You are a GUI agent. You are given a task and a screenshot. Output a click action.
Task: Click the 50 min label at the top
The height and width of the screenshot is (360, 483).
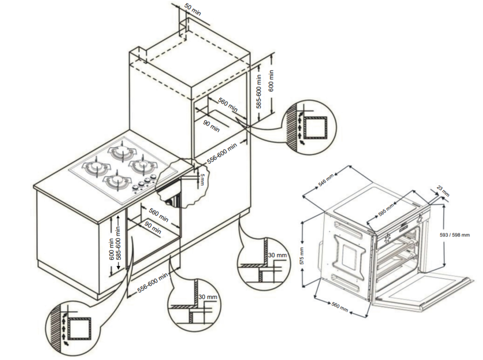coord(193,10)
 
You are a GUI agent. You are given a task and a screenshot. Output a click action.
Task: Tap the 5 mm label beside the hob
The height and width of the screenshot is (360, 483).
coord(203,179)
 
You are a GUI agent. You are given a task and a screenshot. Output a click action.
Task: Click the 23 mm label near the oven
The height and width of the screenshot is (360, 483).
coord(443,191)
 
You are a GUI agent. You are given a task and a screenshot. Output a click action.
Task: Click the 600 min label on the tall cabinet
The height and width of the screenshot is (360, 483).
coord(271,81)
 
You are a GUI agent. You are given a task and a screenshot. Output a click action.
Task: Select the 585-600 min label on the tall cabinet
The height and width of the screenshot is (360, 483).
coord(259,91)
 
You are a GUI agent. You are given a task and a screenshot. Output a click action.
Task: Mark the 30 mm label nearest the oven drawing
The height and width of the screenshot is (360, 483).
coord(277,255)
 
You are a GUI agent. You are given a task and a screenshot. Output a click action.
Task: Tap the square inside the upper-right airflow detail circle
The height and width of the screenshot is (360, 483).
coord(317,127)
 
